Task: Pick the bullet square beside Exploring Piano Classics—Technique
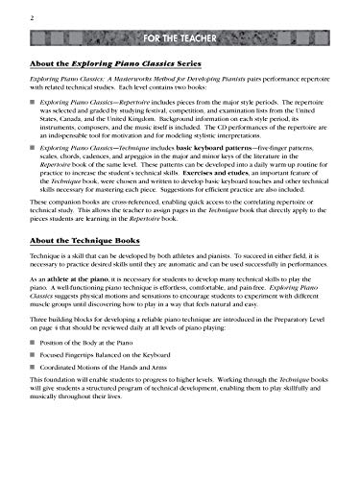[35, 175]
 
